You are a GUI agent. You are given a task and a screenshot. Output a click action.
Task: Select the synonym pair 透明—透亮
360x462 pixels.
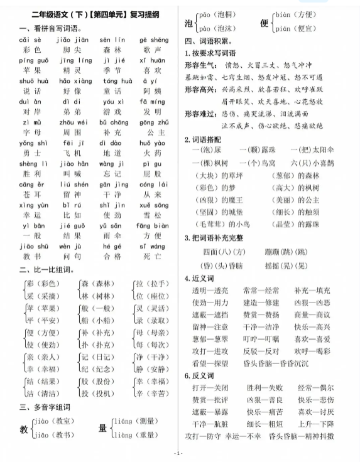coord(210,291)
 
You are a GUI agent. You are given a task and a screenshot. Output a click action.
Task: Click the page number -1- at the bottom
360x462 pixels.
coord(179,453)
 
